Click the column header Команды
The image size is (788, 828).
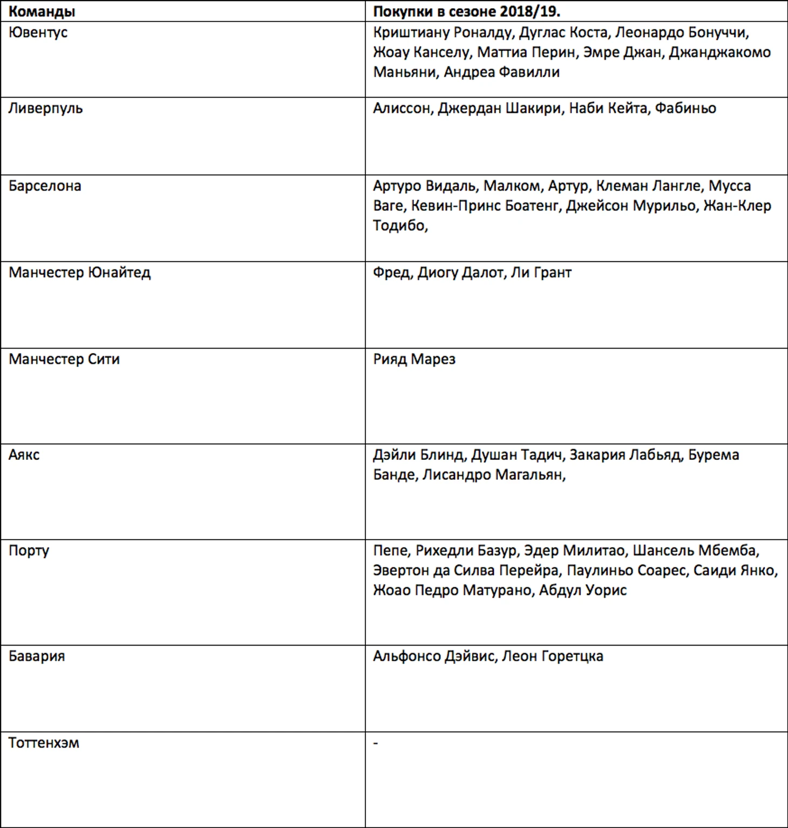42,11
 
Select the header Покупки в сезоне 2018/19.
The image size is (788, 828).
466,11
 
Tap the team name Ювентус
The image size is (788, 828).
38,32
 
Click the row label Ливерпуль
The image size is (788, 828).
45,108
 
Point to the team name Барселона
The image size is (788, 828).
45,186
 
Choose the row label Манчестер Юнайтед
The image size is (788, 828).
79,272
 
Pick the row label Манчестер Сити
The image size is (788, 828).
64,359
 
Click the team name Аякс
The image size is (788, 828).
24,454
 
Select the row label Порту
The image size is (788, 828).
29,551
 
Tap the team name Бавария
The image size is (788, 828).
36,656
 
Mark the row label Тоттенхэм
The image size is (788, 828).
44,743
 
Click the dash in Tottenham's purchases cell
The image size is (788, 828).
376,743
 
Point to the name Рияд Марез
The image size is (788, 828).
414,359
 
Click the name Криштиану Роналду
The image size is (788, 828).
441,32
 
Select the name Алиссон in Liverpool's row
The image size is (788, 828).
402,108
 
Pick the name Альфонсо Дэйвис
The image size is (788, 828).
433,656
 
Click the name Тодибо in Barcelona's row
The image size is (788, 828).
399,226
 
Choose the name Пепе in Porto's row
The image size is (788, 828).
391,551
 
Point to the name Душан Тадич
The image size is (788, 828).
517,454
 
